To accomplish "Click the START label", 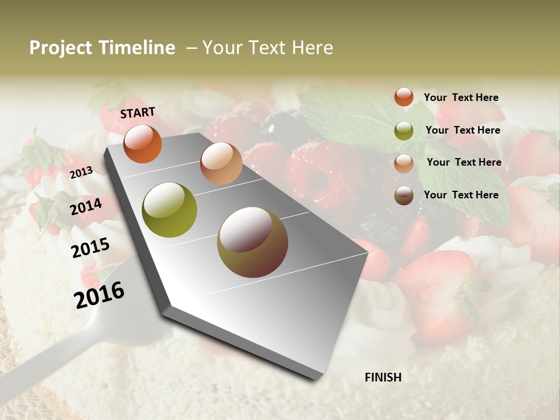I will coord(138,113).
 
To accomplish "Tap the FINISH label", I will coord(383,377).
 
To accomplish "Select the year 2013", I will coord(81,172).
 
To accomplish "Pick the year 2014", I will coord(86,206).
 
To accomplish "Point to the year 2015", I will coord(90,249).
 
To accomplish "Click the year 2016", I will coord(99,295).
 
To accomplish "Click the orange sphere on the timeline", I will coord(142,143).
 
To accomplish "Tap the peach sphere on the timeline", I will coord(221,163).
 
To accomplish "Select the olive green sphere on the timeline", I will coord(170,210).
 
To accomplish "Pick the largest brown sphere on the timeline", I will coord(252,242).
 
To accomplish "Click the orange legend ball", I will coord(404,97).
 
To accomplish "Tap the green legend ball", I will coord(404,131).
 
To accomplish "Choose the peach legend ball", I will coord(404,163).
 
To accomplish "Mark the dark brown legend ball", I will coord(404,195).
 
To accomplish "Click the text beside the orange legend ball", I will coord(461,98).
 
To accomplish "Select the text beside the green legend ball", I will coord(463,131).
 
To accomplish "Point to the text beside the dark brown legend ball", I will coord(461,195).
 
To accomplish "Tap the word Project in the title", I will coord(60,48).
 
